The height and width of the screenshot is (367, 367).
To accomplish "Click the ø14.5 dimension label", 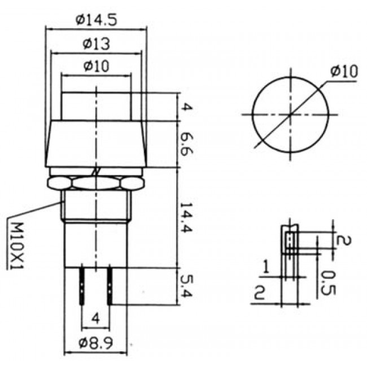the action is point(96,20).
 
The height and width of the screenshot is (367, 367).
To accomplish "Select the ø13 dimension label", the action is point(96,44).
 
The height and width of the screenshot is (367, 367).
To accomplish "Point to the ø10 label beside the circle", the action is point(344,71).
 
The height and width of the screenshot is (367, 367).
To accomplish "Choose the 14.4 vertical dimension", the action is point(186,218).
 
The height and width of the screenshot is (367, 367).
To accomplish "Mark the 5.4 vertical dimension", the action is point(186,286).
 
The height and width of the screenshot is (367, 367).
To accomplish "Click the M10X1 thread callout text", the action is point(16,246).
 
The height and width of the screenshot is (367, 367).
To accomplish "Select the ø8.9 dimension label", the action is point(96,343).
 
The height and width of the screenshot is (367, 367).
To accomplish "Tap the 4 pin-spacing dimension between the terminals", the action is point(95,318).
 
